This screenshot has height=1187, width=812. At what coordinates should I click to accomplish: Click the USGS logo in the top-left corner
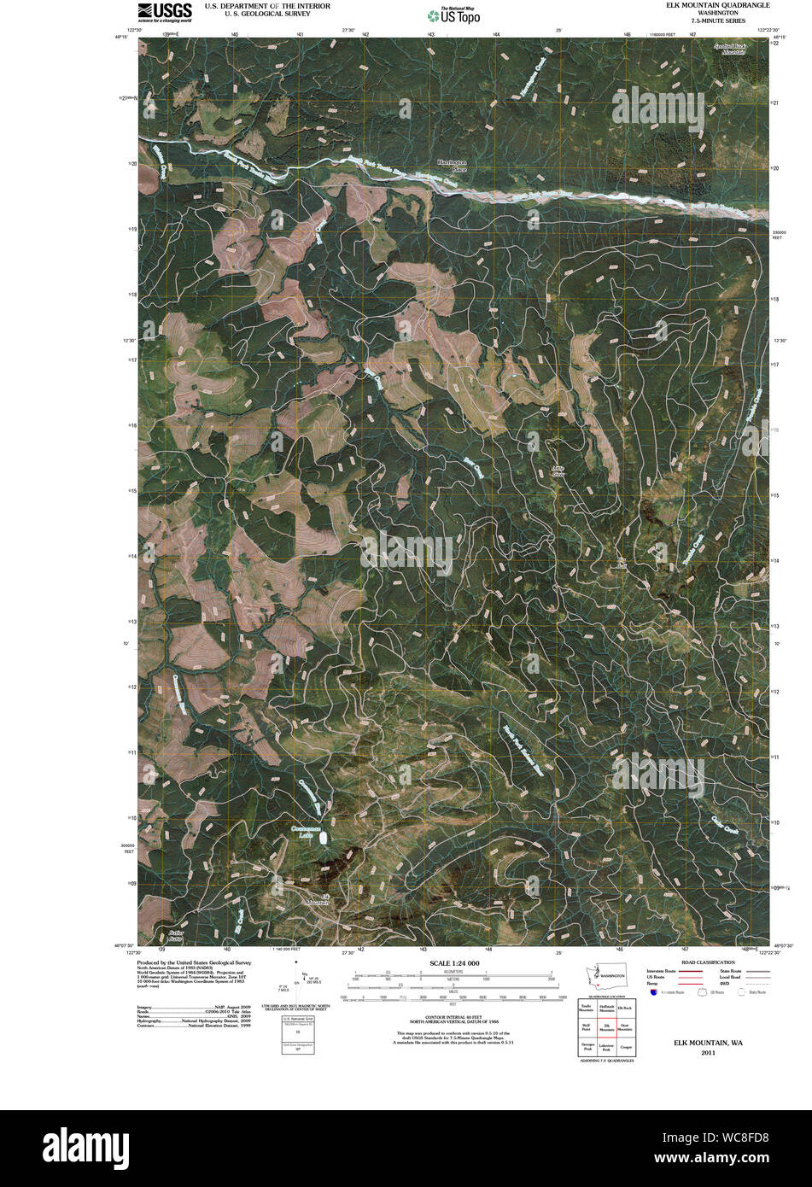[165, 11]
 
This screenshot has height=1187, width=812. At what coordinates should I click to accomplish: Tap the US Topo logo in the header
[454, 15]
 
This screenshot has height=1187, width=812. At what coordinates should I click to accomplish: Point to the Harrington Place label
[453, 166]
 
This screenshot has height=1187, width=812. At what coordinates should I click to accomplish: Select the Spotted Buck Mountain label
[737, 49]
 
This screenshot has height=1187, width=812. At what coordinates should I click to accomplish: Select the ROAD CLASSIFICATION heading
[703, 962]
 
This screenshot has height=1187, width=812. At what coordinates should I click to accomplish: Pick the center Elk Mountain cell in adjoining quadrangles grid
[607, 1028]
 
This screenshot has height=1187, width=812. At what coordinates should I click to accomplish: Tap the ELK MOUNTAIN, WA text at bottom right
[707, 1044]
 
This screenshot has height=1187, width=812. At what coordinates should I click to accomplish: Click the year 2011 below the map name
[708, 1053]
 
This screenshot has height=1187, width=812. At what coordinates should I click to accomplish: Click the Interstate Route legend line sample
[685, 972]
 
